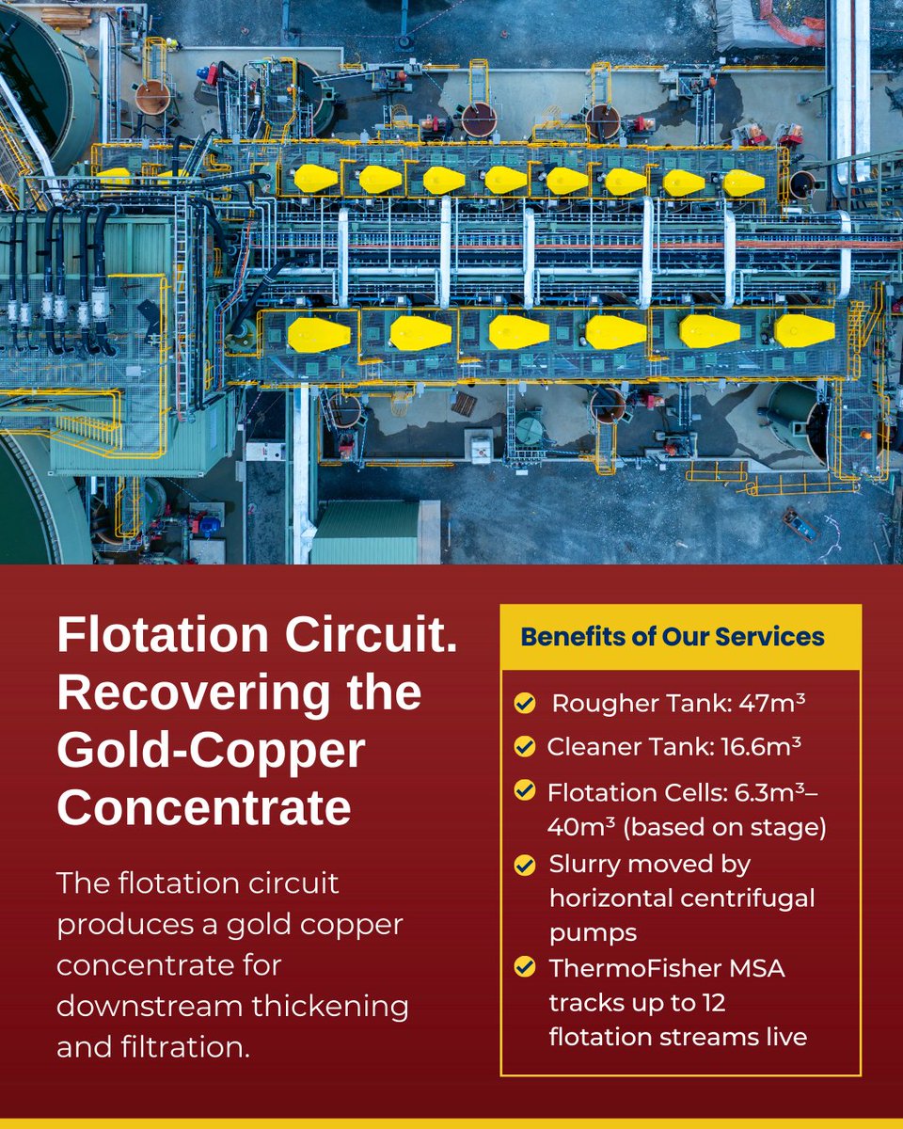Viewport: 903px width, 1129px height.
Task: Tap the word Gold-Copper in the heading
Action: pyautogui.click(x=211, y=751)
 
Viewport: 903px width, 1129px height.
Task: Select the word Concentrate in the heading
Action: pyautogui.click(x=204, y=807)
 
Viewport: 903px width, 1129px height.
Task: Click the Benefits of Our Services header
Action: pyautogui.click(x=673, y=637)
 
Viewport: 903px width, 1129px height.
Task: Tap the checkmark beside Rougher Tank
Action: pyautogui.click(x=525, y=704)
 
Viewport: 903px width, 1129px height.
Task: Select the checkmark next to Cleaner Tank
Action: pyautogui.click(x=525, y=747)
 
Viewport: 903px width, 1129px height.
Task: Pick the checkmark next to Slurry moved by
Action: pyautogui.click(x=525, y=864)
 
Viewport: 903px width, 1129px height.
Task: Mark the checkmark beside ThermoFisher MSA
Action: pyautogui.click(x=525, y=966)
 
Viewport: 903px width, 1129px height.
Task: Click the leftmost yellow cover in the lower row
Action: pyautogui.click(x=319, y=334)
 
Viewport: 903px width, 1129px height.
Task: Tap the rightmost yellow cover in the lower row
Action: pyautogui.click(x=805, y=330)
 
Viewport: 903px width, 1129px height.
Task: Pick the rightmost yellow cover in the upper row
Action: pyautogui.click(x=744, y=183)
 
